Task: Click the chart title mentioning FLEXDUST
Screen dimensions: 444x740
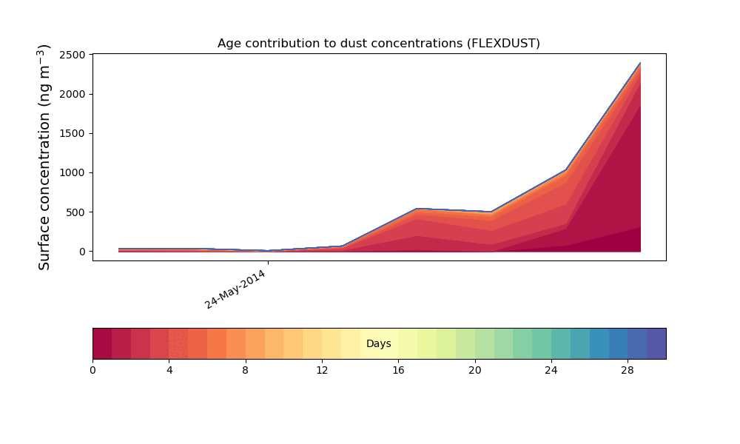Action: [378, 43]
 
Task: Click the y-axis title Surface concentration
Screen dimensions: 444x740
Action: [44, 157]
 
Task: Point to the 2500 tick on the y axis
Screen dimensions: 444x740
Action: [73, 55]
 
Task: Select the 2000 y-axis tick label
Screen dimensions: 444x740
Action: [73, 94]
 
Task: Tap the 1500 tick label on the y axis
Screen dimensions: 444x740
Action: [73, 133]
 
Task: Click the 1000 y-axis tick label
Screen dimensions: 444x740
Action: [73, 172]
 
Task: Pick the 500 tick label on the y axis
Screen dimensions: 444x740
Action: [75, 212]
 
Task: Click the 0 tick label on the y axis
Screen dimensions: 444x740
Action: [83, 252]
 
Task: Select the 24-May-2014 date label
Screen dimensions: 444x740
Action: [235, 289]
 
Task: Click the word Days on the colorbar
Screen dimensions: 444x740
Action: [378, 343]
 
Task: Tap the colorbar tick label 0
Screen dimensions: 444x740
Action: [92, 369]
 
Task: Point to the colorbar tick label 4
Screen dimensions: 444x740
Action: [169, 369]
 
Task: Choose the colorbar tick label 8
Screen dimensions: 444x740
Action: [246, 369]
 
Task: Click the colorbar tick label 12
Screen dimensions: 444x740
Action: [322, 369]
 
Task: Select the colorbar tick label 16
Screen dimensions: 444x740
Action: [398, 369]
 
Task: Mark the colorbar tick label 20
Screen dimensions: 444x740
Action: [474, 369]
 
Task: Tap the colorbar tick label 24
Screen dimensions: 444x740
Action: [551, 369]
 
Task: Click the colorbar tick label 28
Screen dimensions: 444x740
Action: [628, 369]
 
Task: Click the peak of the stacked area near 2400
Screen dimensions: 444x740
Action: [639, 64]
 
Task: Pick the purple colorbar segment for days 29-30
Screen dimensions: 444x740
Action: [656, 343]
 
